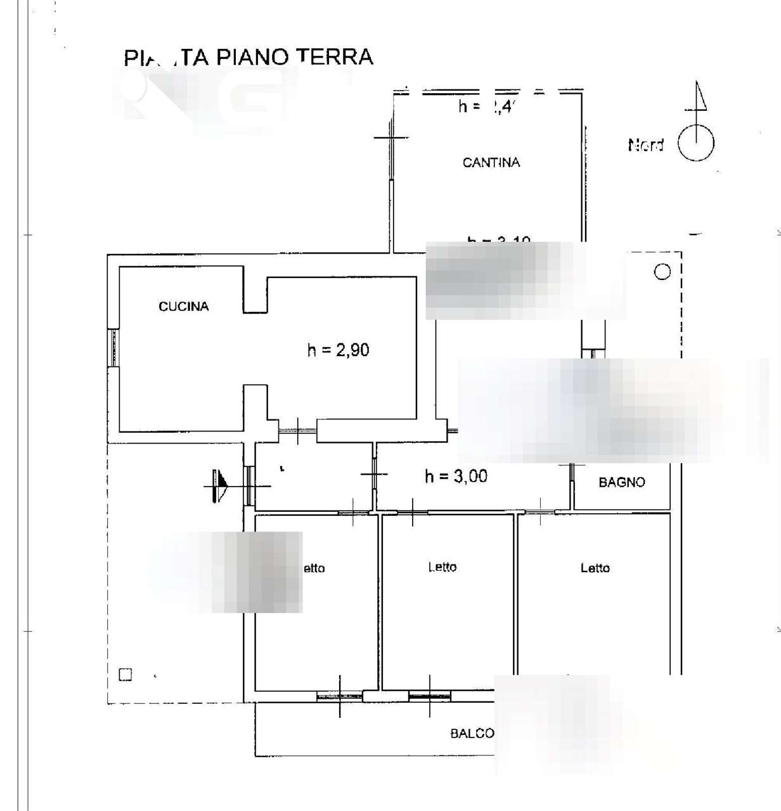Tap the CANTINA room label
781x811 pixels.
491,163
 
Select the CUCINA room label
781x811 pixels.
183,307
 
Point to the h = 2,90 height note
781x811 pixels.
338,350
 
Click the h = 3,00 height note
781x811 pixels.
456,476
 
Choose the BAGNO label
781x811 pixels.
621,483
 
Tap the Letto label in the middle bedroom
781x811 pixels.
442,568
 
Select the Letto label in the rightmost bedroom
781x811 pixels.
595,568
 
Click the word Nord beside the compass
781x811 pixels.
645,145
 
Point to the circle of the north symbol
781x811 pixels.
696,143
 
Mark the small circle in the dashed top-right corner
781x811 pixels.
662,272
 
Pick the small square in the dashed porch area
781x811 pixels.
126,675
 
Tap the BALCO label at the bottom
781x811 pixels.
472,734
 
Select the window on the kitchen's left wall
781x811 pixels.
113,347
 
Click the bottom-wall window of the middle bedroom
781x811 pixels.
429,696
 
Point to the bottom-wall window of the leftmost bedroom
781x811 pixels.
339,696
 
